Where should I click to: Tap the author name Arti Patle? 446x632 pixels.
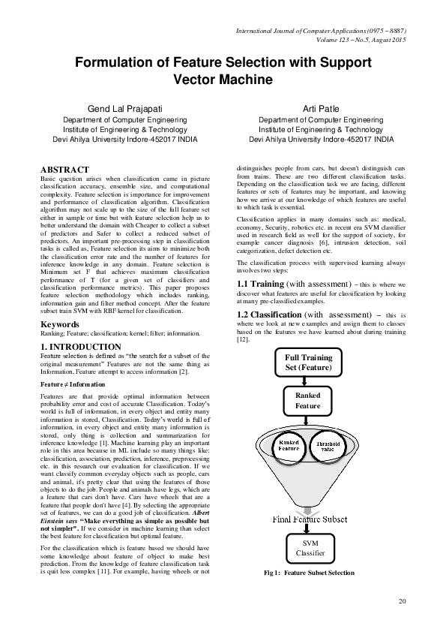tap(320, 110)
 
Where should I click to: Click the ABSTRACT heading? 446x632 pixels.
tap(64, 170)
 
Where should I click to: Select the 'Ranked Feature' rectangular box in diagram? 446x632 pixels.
tap(307, 401)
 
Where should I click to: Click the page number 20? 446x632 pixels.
tap(402, 600)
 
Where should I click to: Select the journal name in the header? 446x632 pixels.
tap(321, 32)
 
